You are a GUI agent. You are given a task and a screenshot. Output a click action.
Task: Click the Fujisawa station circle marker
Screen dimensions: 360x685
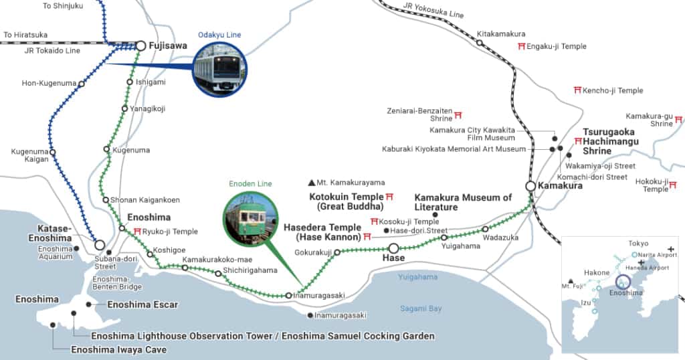(140, 46)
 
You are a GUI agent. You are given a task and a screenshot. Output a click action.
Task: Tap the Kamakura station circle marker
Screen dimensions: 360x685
(530, 185)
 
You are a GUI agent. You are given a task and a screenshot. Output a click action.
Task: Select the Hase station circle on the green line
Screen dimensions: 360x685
(393, 248)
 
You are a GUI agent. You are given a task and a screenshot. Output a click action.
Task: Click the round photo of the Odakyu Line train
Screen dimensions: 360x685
(219, 70)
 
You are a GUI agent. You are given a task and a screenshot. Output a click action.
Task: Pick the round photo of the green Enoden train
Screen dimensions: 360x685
(250, 218)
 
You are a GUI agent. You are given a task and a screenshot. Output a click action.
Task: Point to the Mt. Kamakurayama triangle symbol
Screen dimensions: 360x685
(311, 182)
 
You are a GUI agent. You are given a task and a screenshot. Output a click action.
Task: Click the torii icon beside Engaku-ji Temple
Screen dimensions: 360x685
(521, 46)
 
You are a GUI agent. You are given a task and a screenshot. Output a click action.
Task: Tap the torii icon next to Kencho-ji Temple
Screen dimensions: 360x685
(577, 90)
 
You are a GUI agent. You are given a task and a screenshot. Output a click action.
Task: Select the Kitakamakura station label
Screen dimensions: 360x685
(501, 33)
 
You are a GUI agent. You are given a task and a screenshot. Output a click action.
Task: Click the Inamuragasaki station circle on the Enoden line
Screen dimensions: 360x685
(288, 295)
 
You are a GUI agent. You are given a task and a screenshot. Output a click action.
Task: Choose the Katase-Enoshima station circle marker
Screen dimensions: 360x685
(100, 245)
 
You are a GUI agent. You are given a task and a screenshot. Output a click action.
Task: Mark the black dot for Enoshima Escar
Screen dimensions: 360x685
(89, 304)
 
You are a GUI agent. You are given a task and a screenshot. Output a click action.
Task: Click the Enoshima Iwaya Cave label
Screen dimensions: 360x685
(118, 349)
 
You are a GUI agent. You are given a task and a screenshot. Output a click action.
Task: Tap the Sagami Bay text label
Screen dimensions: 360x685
(421, 308)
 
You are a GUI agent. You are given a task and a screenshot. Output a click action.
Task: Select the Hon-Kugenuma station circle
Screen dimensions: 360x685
(82, 84)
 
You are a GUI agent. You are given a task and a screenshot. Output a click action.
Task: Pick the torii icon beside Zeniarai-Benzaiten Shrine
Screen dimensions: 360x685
(458, 114)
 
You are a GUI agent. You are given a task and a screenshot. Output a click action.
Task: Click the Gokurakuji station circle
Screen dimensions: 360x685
(338, 252)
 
